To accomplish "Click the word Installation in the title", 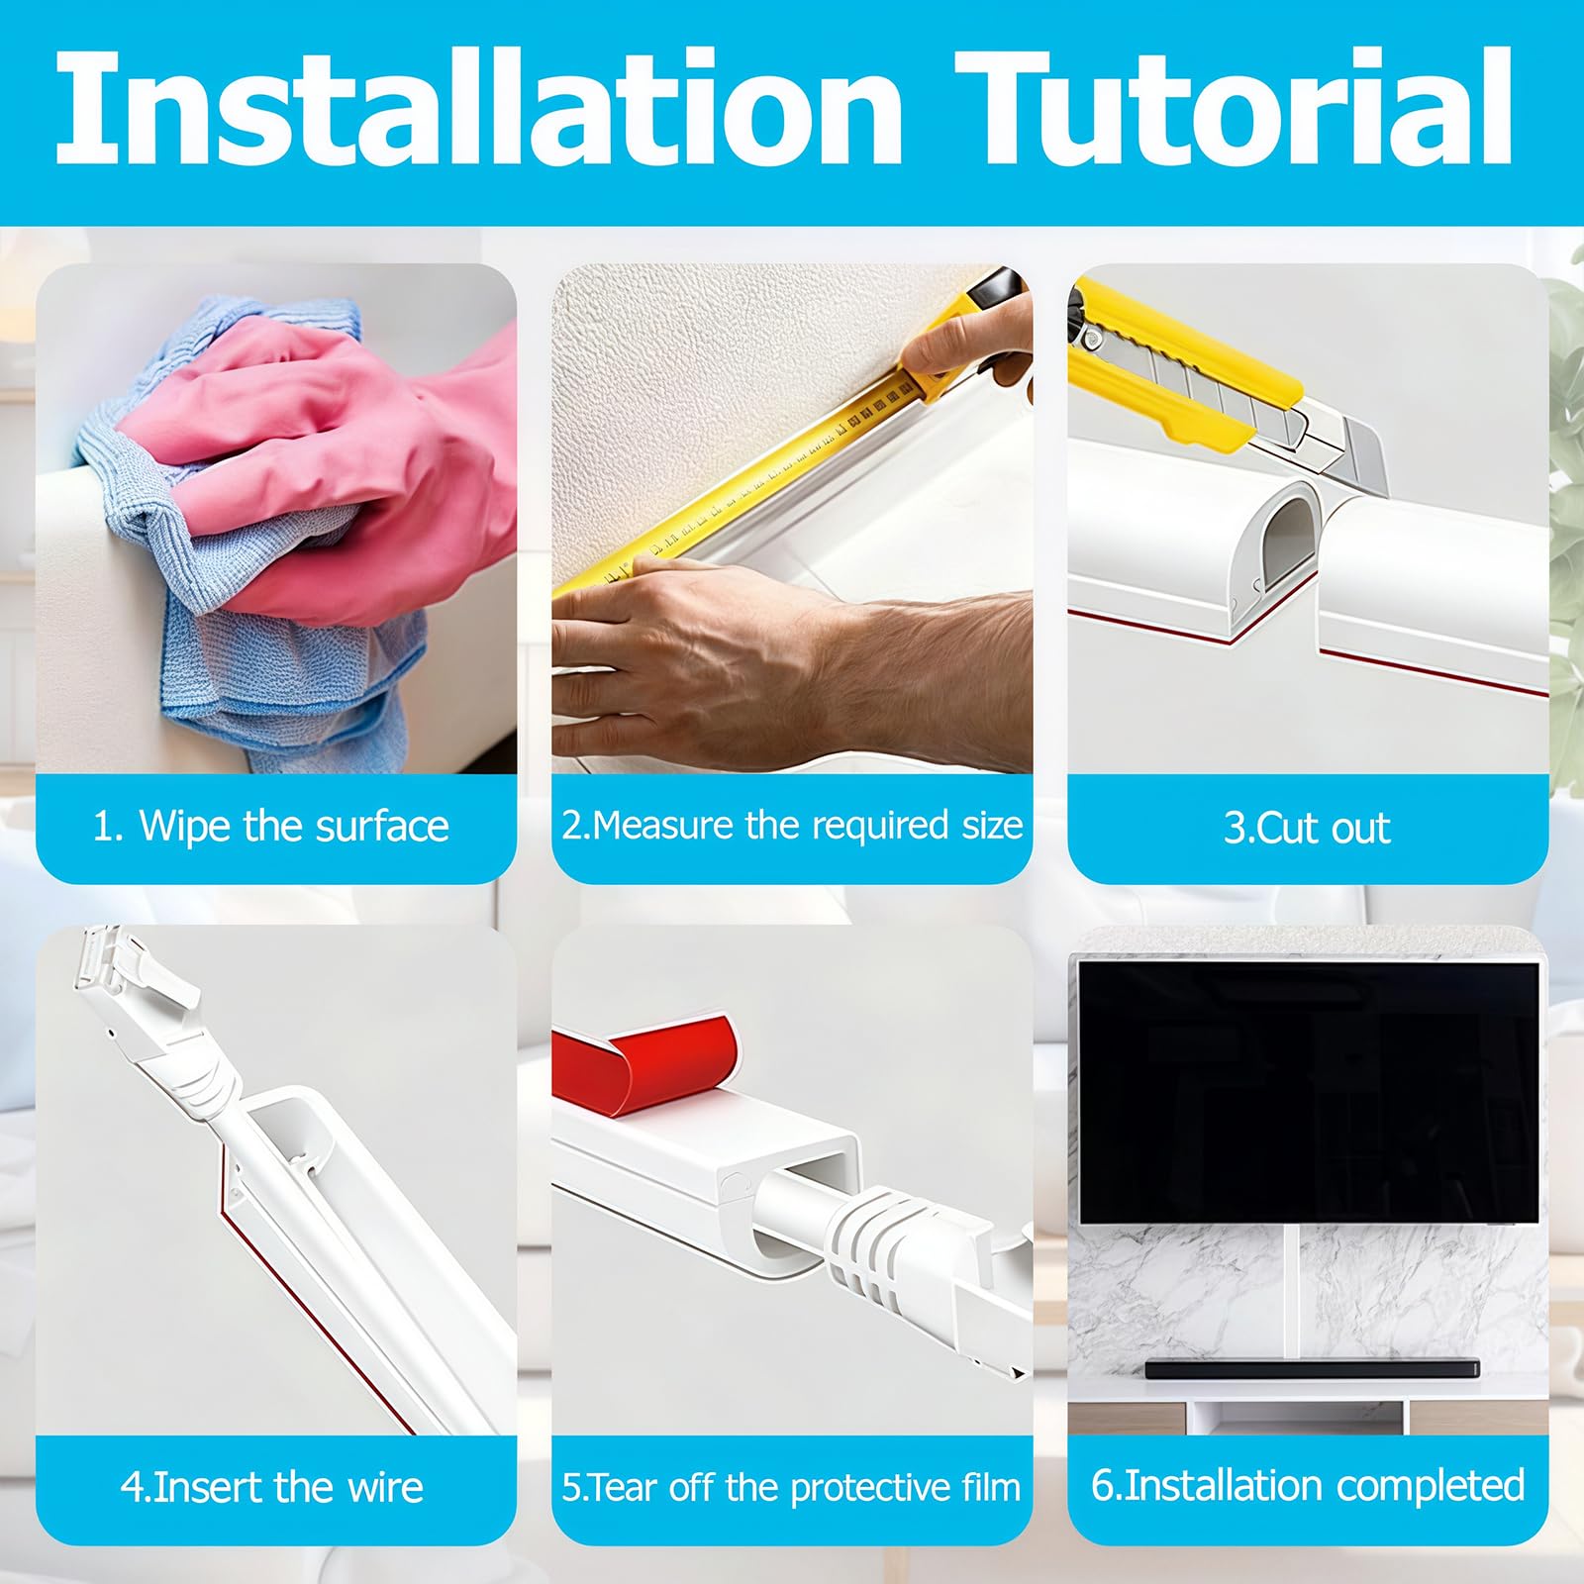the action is pyautogui.click(x=480, y=107).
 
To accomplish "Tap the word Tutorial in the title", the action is pyautogui.click(x=1235, y=107).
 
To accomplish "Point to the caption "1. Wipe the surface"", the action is pyautogui.click(x=270, y=826).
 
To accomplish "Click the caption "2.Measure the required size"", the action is pyautogui.click(x=792, y=826).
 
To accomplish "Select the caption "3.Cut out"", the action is pyautogui.click(x=1307, y=828).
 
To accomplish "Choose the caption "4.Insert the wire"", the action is pyautogui.click(x=272, y=1487).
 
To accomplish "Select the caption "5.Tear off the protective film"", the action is pyautogui.click(x=791, y=1487).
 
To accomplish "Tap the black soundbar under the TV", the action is pyautogui.click(x=1312, y=1369).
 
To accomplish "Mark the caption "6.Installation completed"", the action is pyautogui.click(x=1308, y=1486).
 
